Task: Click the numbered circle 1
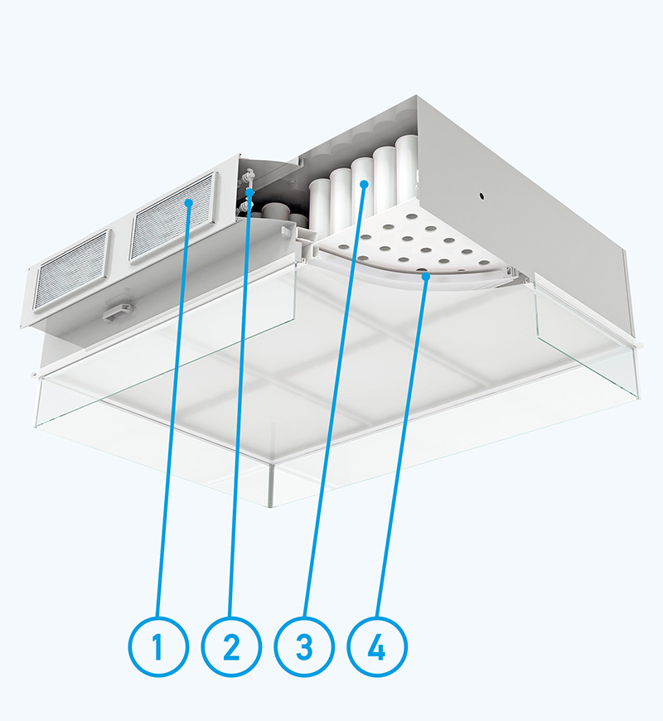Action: (158, 646)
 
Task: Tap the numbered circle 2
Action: (231, 646)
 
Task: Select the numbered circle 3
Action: (304, 646)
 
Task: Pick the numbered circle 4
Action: (377, 646)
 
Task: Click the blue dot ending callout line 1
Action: (188, 202)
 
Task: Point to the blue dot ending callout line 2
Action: (250, 192)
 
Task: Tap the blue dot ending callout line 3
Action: (364, 184)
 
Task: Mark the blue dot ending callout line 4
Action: (427, 276)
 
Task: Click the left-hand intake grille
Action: (72, 270)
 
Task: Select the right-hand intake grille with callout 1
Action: (173, 216)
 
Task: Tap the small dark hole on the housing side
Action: (482, 196)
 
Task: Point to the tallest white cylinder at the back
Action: (407, 168)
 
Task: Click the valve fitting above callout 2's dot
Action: (249, 177)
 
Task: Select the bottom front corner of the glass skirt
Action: (272, 506)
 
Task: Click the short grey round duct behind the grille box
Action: (275, 211)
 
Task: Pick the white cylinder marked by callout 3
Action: (363, 187)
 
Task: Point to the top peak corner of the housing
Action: (417, 96)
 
